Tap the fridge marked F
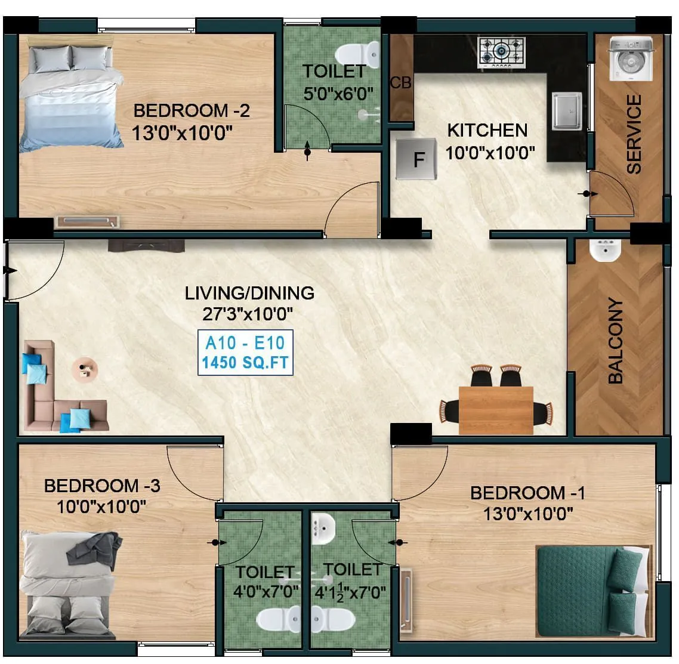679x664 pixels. pyautogui.click(x=417, y=159)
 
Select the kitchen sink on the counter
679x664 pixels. pyautogui.click(x=566, y=111)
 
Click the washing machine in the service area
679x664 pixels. pyautogui.click(x=631, y=58)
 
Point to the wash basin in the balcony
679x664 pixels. pyautogui.click(x=605, y=251)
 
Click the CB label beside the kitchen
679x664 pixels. pyautogui.click(x=400, y=83)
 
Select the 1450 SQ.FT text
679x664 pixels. pyautogui.click(x=245, y=362)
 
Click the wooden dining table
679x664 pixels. pyautogui.click(x=496, y=410)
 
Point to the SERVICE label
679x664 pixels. pyautogui.click(x=634, y=134)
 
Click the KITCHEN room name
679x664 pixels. pyautogui.click(x=487, y=130)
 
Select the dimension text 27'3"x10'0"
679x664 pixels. pyautogui.click(x=249, y=313)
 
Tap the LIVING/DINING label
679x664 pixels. pyautogui.click(x=249, y=293)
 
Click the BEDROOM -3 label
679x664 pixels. pyautogui.click(x=102, y=486)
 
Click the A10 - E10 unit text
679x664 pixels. pyautogui.click(x=245, y=343)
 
